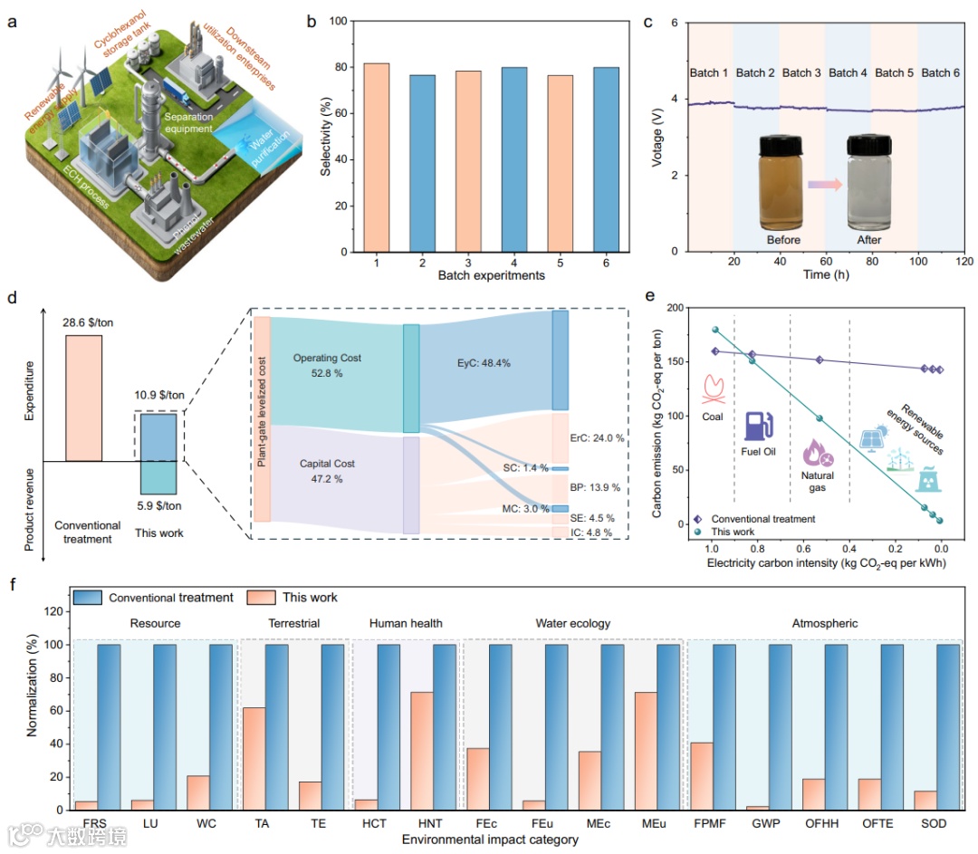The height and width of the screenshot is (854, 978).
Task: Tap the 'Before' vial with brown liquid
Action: click(x=784, y=181)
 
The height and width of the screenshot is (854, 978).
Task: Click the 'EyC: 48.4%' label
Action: click(x=484, y=363)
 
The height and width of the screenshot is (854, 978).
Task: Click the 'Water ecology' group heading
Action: click(x=572, y=623)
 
